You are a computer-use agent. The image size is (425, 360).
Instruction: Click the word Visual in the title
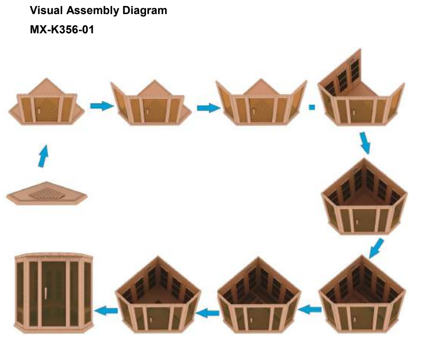(x=46, y=11)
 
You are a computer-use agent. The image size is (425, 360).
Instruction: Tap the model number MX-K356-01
(x=62, y=30)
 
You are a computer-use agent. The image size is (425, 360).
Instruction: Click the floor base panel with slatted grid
(x=19, y=198)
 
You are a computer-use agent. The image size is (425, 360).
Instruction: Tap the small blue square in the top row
(x=312, y=107)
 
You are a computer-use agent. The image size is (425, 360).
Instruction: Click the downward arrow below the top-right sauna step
(x=365, y=143)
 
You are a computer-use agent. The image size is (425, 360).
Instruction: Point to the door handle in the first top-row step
(x=38, y=111)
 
